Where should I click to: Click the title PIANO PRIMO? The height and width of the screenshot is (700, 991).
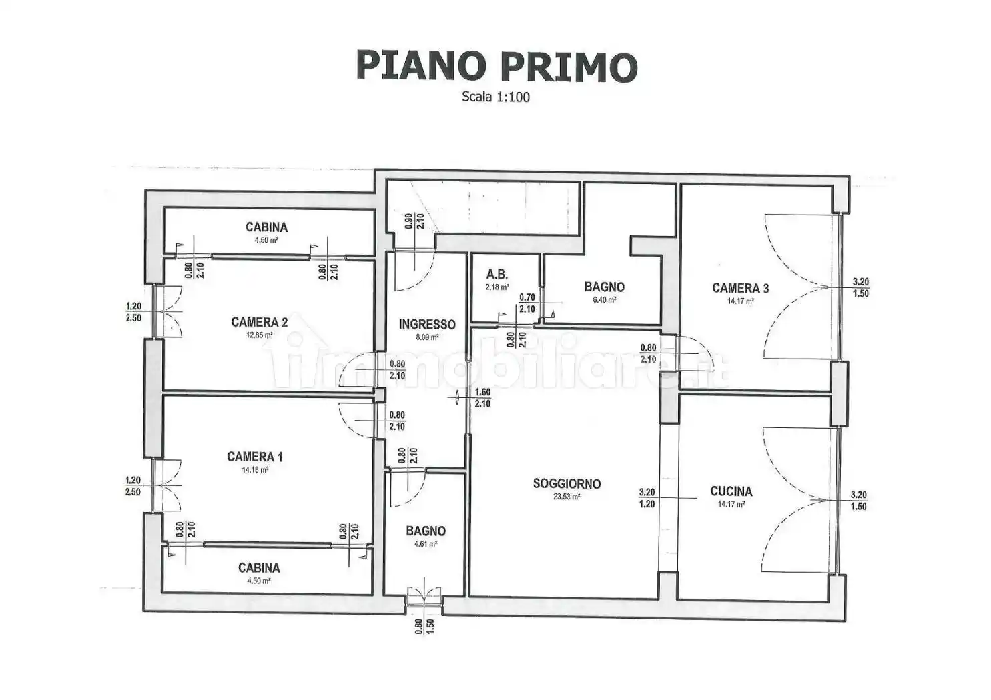(497, 66)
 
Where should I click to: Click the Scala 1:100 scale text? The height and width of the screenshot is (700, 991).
(496, 97)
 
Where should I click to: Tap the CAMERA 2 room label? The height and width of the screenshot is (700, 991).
(259, 323)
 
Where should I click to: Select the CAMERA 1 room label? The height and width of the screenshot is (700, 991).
(255, 457)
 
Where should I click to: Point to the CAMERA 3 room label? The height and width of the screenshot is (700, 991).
(740, 288)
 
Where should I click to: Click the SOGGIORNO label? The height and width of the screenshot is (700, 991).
(567, 483)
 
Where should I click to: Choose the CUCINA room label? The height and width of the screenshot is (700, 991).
(731, 491)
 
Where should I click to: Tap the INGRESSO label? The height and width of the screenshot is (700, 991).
(427, 325)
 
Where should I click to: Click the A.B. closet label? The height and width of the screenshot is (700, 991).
(497, 275)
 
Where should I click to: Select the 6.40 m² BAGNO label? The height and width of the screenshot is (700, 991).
(604, 287)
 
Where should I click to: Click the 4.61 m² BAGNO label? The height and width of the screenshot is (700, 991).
(426, 531)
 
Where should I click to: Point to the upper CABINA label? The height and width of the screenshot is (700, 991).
(266, 227)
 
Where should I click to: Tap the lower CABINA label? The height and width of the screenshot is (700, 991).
(259, 568)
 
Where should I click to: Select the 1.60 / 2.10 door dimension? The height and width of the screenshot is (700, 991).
(482, 398)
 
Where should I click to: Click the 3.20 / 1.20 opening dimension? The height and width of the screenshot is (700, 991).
(647, 498)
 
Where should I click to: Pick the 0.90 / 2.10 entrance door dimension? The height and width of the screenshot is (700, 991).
(414, 221)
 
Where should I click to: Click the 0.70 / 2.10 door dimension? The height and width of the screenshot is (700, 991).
(527, 303)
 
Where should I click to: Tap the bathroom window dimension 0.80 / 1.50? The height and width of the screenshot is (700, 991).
(424, 627)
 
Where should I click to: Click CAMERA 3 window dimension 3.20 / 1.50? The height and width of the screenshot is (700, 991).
(860, 288)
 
